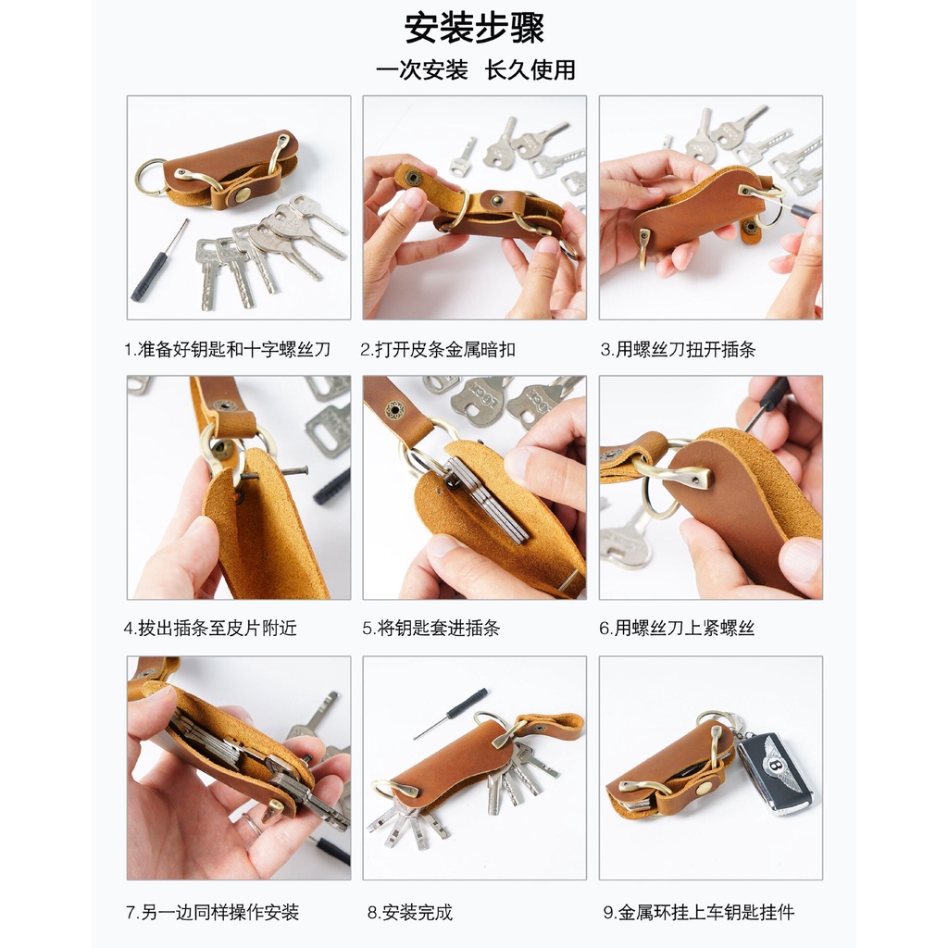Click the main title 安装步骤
tap(474, 29)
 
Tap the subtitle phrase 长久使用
tap(530, 70)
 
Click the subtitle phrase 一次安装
tap(421, 70)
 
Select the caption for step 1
tap(228, 349)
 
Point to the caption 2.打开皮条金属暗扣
tap(438, 349)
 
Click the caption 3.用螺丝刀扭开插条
tap(678, 349)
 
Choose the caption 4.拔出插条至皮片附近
tap(210, 629)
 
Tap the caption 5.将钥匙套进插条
tap(431, 629)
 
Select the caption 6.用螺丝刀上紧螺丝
tap(677, 629)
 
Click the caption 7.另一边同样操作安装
tap(212, 912)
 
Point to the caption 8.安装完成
tap(410, 912)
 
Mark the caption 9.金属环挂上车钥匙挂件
tap(699, 912)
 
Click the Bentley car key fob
tap(775, 772)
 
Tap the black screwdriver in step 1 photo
tap(158, 262)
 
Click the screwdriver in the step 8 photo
tap(451, 714)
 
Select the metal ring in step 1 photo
tap(150, 177)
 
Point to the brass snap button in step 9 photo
tap(704, 789)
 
